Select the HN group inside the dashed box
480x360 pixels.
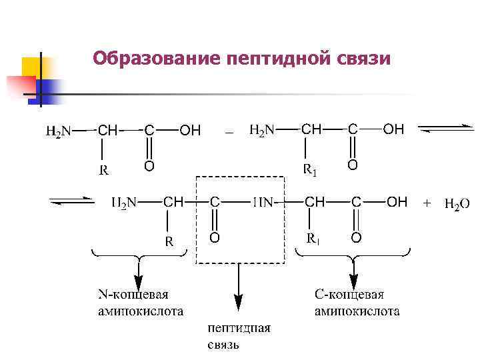pos(263,202)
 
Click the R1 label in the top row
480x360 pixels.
pos(310,171)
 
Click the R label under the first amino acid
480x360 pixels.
pos(105,170)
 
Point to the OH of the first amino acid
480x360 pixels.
pos(190,131)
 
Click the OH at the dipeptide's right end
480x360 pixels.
pos(397,202)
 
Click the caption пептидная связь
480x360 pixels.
pos(239,337)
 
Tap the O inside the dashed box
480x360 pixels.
pos(214,237)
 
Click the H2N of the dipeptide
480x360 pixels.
pos(123,202)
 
